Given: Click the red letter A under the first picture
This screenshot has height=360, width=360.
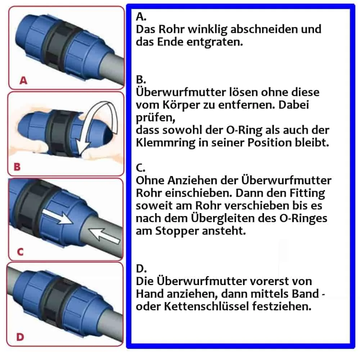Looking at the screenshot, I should click(23, 81).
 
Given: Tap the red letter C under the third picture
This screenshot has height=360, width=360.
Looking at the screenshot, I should click(20, 252).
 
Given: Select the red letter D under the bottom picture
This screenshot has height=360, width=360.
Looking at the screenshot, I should click(21, 337).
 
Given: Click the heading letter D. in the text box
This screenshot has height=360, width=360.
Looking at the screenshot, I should click(141, 269).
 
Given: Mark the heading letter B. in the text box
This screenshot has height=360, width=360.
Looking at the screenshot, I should click(140, 79).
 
